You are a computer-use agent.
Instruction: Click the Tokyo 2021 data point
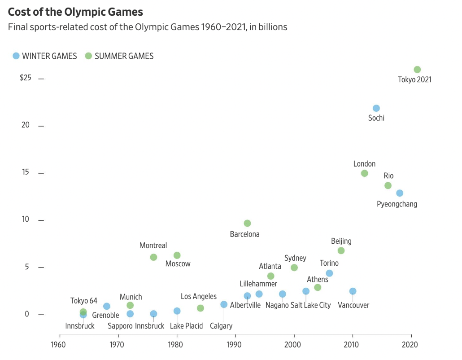(x=417, y=70)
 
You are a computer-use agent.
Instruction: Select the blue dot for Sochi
(x=376, y=108)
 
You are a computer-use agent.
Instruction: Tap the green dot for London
(x=365, y=173)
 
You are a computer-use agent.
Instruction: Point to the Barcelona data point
(x=247, y=224)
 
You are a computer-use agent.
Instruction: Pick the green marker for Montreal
(x=153, y=257)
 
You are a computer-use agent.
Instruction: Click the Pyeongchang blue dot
(x=400, y=193)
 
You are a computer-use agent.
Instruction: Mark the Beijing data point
(x=341, y=250)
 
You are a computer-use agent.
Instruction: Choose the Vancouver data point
(x=353, y=291)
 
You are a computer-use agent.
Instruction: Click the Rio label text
(x=388, y=176)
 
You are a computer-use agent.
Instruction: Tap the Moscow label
(x=178, y=264)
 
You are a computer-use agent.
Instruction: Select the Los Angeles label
(x=199, y=297)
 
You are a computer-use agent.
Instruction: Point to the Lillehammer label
(x=258, y=284)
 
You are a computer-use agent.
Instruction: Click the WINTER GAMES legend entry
(x=45, y=56)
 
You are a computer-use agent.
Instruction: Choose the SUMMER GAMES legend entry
(x=119, y=56)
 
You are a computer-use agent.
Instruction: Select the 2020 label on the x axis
(x=410, y=345)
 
